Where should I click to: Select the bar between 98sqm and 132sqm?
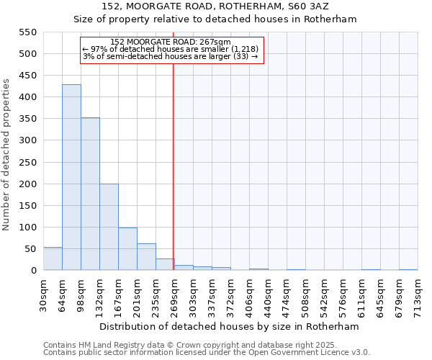point(90,194)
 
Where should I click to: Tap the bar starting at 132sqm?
point(109,227)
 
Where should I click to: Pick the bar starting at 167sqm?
point(127,249)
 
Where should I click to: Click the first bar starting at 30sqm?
point(53,258)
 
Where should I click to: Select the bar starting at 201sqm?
point(146,257)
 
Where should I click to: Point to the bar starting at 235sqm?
point(165,264)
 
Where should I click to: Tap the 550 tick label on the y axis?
point(27,32)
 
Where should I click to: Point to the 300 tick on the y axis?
point(27,140)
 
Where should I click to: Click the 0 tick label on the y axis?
point(33,271)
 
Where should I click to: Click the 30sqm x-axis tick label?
point(44,293)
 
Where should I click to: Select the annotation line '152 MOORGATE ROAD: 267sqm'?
point(171,42)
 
